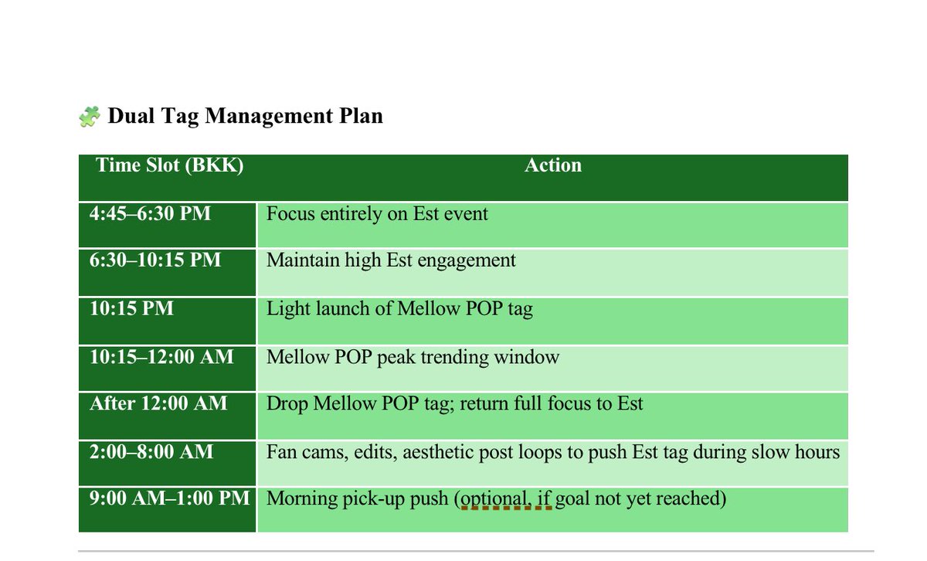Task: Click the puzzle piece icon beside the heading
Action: (90, 117)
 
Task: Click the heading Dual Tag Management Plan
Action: (245, 116)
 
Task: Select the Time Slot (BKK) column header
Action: (169, 165)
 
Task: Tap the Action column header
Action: (553, 165)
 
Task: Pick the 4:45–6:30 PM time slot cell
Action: (151, 214)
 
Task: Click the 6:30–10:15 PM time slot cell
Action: (155, 260)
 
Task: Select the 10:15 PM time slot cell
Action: (131, 309)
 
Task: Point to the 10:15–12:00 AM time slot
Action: (161, 357)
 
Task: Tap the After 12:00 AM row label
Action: (158, 403)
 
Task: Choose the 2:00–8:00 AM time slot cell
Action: (151, 452)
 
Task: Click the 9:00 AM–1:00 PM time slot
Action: (170, 498)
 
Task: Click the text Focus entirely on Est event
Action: (377, 214)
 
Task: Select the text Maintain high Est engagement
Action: (391, 260)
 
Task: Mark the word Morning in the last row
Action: (301, 499)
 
